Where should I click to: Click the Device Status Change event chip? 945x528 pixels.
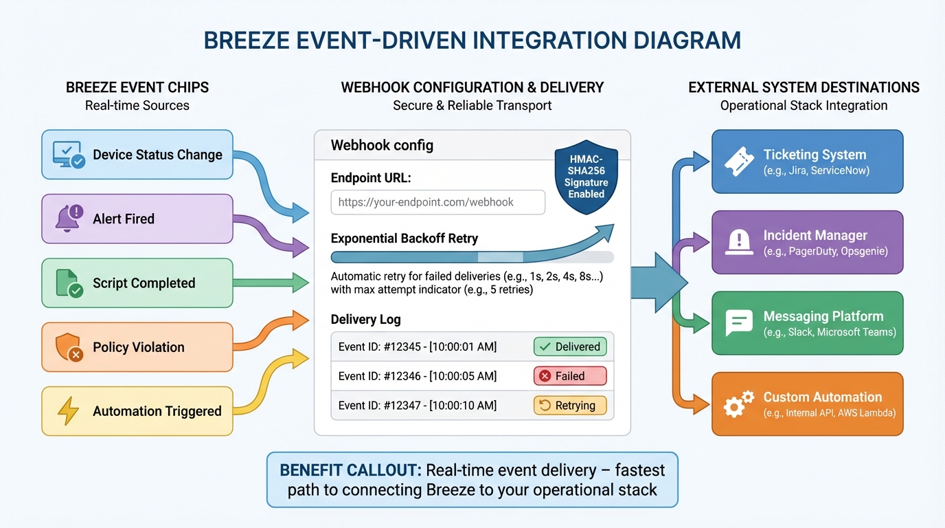click(137, 155)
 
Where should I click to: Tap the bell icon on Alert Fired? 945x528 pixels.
click(69, 219)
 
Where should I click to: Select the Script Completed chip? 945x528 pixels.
click(137, 283)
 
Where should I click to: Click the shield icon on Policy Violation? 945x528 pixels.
click(69, 347)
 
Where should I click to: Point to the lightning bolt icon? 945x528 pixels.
click(68, 411)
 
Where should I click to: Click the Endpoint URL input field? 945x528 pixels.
click(437, 202)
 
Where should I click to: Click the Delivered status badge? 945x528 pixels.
click(569, 346)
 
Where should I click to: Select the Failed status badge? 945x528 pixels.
click(569, 376)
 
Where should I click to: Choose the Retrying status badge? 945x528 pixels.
click(569, 406)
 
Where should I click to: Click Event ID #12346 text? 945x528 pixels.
click(417, 376)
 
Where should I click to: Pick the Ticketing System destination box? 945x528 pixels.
click(807, 162)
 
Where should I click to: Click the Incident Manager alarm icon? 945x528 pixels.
click(738, 242)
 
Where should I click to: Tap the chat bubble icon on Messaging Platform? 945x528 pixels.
click(739, 322)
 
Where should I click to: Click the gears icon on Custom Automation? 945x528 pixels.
click(738, 404)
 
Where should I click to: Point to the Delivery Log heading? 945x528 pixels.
click(365, 319)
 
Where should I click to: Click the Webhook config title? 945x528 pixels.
click(382, 145)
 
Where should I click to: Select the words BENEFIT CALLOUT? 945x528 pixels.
click(350, 470)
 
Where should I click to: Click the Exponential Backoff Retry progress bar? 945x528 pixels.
click(472, 257)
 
